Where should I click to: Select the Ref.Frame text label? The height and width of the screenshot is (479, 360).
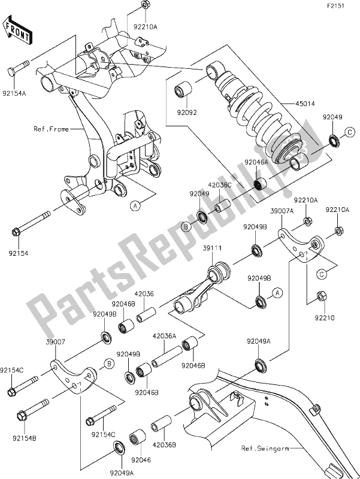(x=51, y=128)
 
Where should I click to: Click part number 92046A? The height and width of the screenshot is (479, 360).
(x=258, y=162)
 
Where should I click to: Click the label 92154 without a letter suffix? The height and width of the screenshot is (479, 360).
(x=19, y=253)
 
